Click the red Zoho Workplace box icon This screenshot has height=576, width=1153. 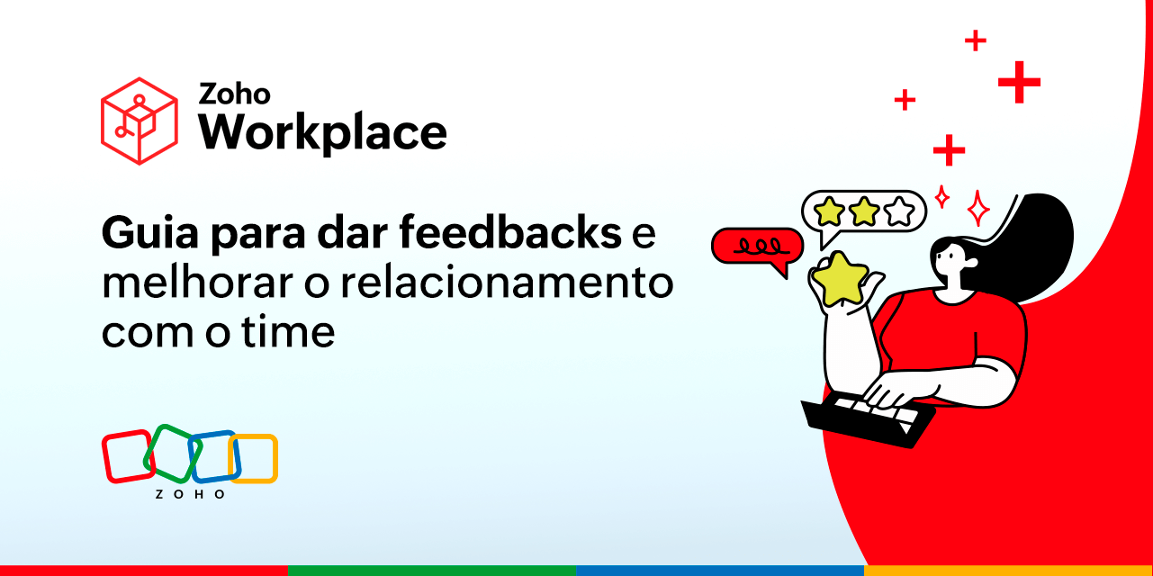click(x=139, y=121)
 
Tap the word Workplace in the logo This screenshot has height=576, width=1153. click(x=322, y=132)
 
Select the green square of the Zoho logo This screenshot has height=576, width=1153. click(x=172, y=452)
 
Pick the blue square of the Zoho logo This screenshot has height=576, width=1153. click(x=214, y=456)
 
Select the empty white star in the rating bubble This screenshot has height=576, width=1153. click(x=898, y=212)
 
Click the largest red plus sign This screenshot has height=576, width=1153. click(x=1019, y=83)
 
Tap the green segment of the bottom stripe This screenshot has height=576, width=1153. click(x=432, y=571)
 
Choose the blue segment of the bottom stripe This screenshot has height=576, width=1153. click(x=720, y=571)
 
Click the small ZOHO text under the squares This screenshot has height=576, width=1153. click(x=190, y=494)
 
